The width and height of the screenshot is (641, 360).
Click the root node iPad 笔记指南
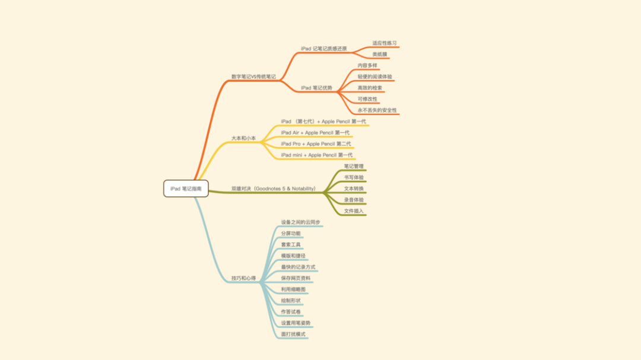(186, 189)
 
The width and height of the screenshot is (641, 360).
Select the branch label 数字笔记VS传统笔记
(253, 77)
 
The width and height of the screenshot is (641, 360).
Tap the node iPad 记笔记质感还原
(323, 49)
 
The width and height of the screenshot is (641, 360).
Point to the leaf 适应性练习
(385, 43)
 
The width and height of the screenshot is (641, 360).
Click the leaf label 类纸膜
(380, 55)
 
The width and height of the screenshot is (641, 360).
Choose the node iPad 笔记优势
(316, 88)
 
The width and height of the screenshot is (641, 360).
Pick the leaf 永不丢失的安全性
(377, 110)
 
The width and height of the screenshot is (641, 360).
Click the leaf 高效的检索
(370, 88)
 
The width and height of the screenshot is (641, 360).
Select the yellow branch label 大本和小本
(243, 138)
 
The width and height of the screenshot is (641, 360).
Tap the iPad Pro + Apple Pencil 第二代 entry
(316, 144)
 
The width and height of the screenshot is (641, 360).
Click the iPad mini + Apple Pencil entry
(317, 155)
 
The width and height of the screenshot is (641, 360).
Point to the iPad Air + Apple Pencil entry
(315, 133)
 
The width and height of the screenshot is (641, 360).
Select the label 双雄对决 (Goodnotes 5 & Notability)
(274, 189)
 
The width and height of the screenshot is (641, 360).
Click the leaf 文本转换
(354, 189)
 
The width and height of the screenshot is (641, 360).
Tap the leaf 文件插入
(354, 211)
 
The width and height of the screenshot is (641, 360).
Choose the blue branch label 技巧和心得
(243, 278)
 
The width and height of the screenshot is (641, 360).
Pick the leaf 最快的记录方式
(298, 267)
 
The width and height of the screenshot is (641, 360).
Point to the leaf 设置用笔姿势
(296, 323)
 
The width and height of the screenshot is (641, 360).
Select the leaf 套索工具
(291, 245)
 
